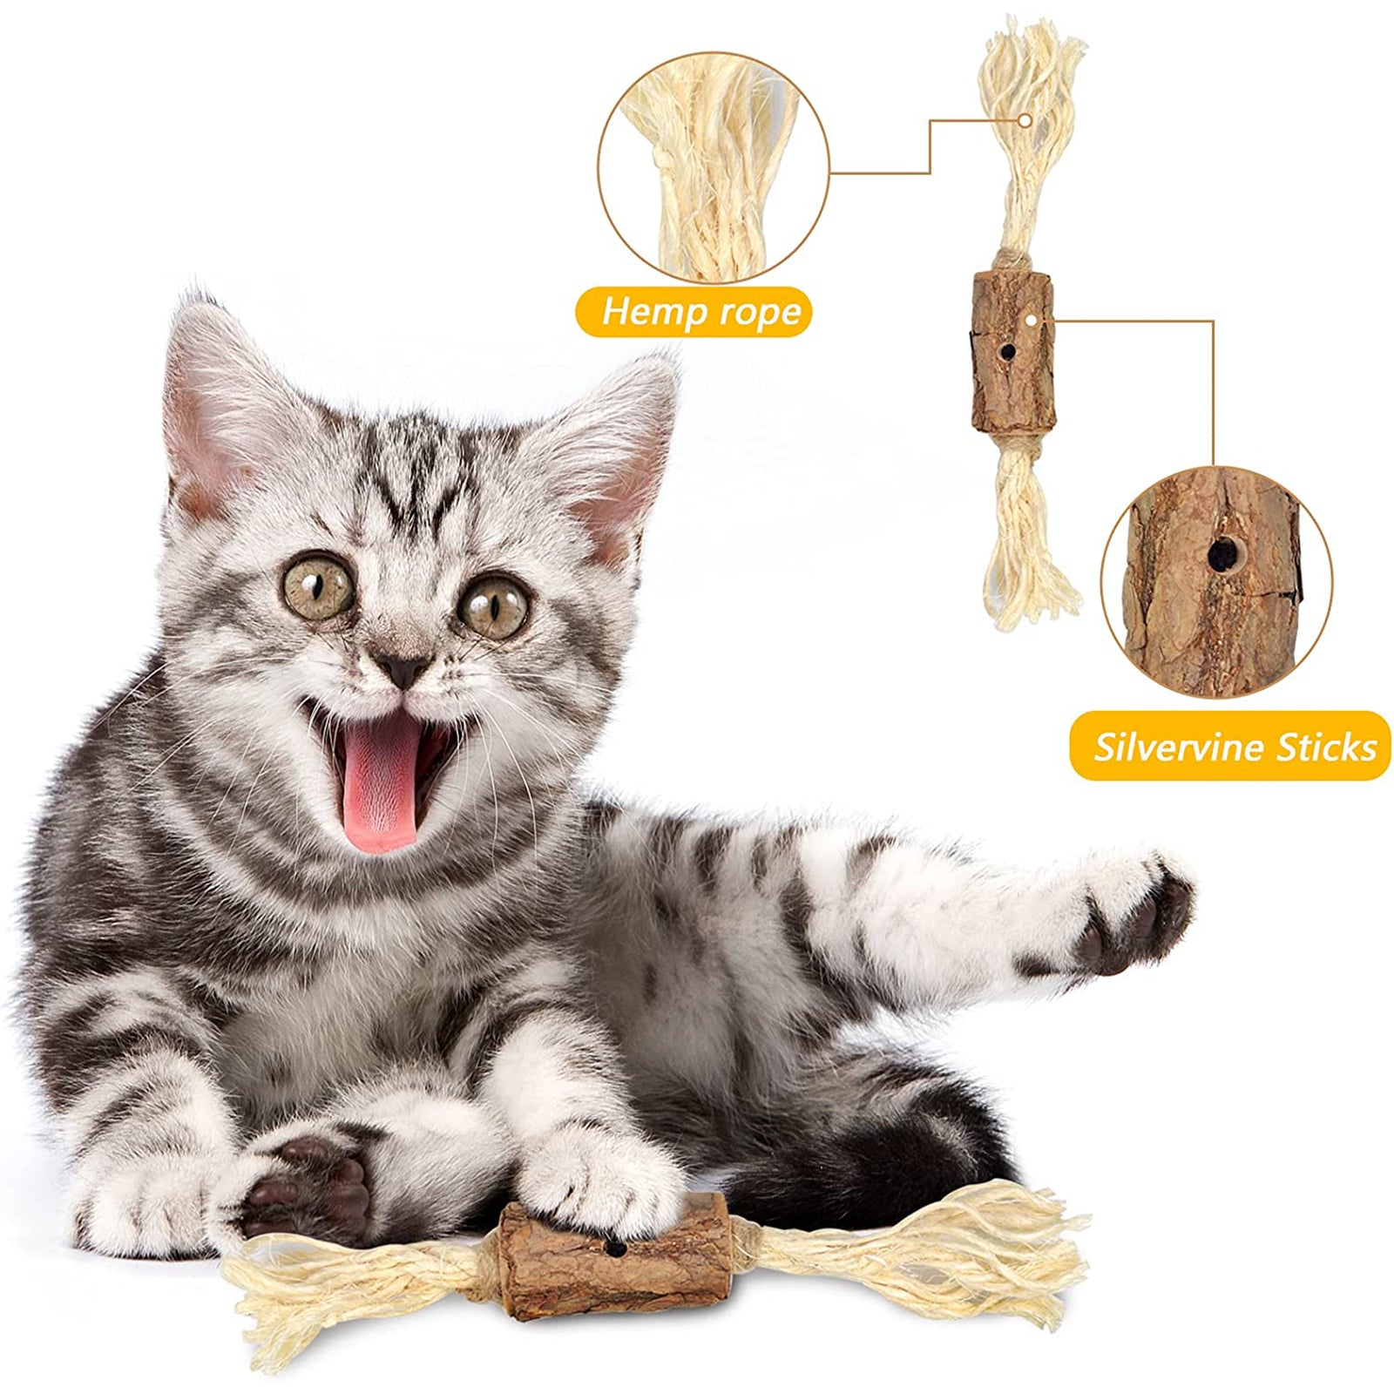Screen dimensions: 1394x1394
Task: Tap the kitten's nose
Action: [x=403, y=669]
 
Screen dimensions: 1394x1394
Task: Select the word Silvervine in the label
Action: [x=1181, y=748]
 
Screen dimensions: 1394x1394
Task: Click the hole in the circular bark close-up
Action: [x=1221, y=551]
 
